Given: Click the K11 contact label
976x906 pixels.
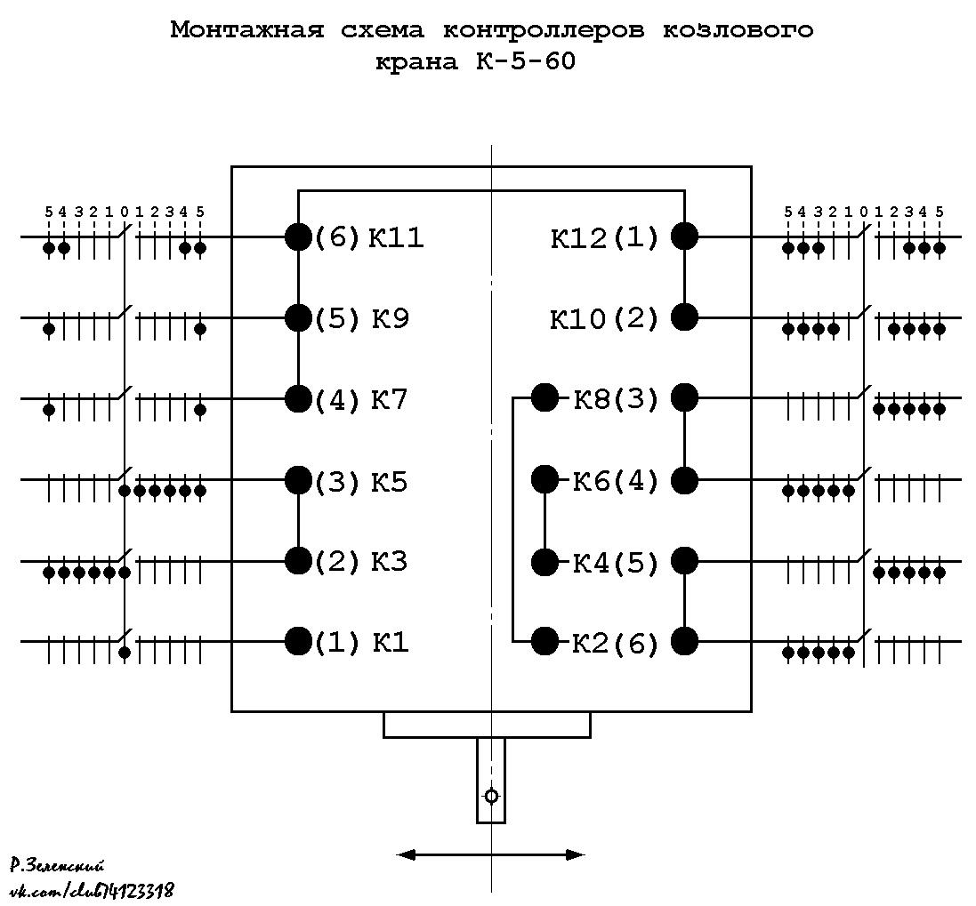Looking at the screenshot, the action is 396,237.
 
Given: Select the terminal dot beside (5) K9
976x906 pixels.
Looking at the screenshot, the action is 298,317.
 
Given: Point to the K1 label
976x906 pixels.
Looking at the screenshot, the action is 391,642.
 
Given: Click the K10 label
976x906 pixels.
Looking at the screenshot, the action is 577,319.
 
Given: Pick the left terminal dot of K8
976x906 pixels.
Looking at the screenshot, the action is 545,397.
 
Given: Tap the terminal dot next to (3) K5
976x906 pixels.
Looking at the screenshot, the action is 298,479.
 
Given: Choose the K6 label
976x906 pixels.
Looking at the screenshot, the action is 592,481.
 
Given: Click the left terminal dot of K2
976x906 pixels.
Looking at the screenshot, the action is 545,641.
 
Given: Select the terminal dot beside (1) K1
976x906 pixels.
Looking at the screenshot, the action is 298,641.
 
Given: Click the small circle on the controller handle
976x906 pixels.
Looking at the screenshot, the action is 491,796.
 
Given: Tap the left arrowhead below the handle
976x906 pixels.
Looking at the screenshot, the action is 406,855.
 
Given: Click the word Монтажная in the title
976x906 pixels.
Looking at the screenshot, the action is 247,30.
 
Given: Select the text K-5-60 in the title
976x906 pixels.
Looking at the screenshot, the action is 526,61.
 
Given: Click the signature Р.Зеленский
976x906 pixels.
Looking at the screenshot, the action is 57,865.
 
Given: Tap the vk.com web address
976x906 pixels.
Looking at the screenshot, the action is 92,891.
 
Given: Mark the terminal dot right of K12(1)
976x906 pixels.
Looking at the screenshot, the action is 685,237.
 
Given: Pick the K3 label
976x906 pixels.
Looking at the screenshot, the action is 389,562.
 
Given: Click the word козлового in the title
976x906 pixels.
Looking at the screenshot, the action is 738,30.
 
